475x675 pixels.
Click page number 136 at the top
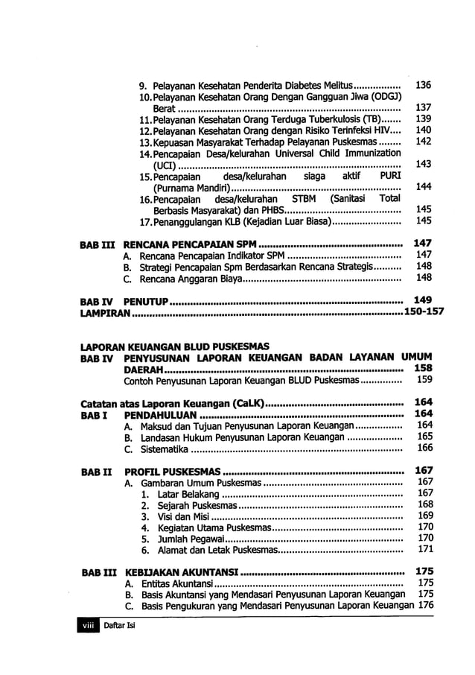[x=423, y=85]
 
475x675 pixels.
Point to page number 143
[x=423, y=164]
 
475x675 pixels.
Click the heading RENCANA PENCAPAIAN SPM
[x=190, y=244]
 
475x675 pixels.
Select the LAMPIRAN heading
[x=106, y=312]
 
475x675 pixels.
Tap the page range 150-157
[x=424, y=312]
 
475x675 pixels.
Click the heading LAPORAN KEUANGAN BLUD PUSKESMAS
[x=174, y=346]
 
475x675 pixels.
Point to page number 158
[x=423, y=368]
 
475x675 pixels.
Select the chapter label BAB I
[x=94, y=414]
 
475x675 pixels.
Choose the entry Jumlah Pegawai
[x=190, y=539]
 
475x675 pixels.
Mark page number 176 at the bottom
[x=425, y=606]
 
